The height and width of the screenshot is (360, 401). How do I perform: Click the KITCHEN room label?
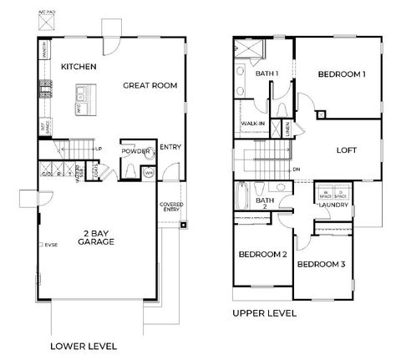[79, 66]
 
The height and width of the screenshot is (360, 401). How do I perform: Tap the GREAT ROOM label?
[151, 85]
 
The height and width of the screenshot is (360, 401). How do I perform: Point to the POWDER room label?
[135, 152]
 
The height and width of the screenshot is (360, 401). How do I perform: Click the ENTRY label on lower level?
[170, 146]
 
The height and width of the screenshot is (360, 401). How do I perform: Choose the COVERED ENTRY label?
[171, 207]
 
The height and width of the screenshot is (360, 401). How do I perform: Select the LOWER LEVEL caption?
[84, 345]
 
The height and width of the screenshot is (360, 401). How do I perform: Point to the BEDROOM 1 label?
[342, 74]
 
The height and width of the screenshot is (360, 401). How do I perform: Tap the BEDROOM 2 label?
[262, 254]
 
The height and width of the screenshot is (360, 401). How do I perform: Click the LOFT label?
[344, 153]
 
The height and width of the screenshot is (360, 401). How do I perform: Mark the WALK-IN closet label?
[253, 123]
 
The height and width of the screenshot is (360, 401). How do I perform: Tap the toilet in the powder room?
[149, 155]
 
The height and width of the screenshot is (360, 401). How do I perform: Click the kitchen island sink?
[84, 93]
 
